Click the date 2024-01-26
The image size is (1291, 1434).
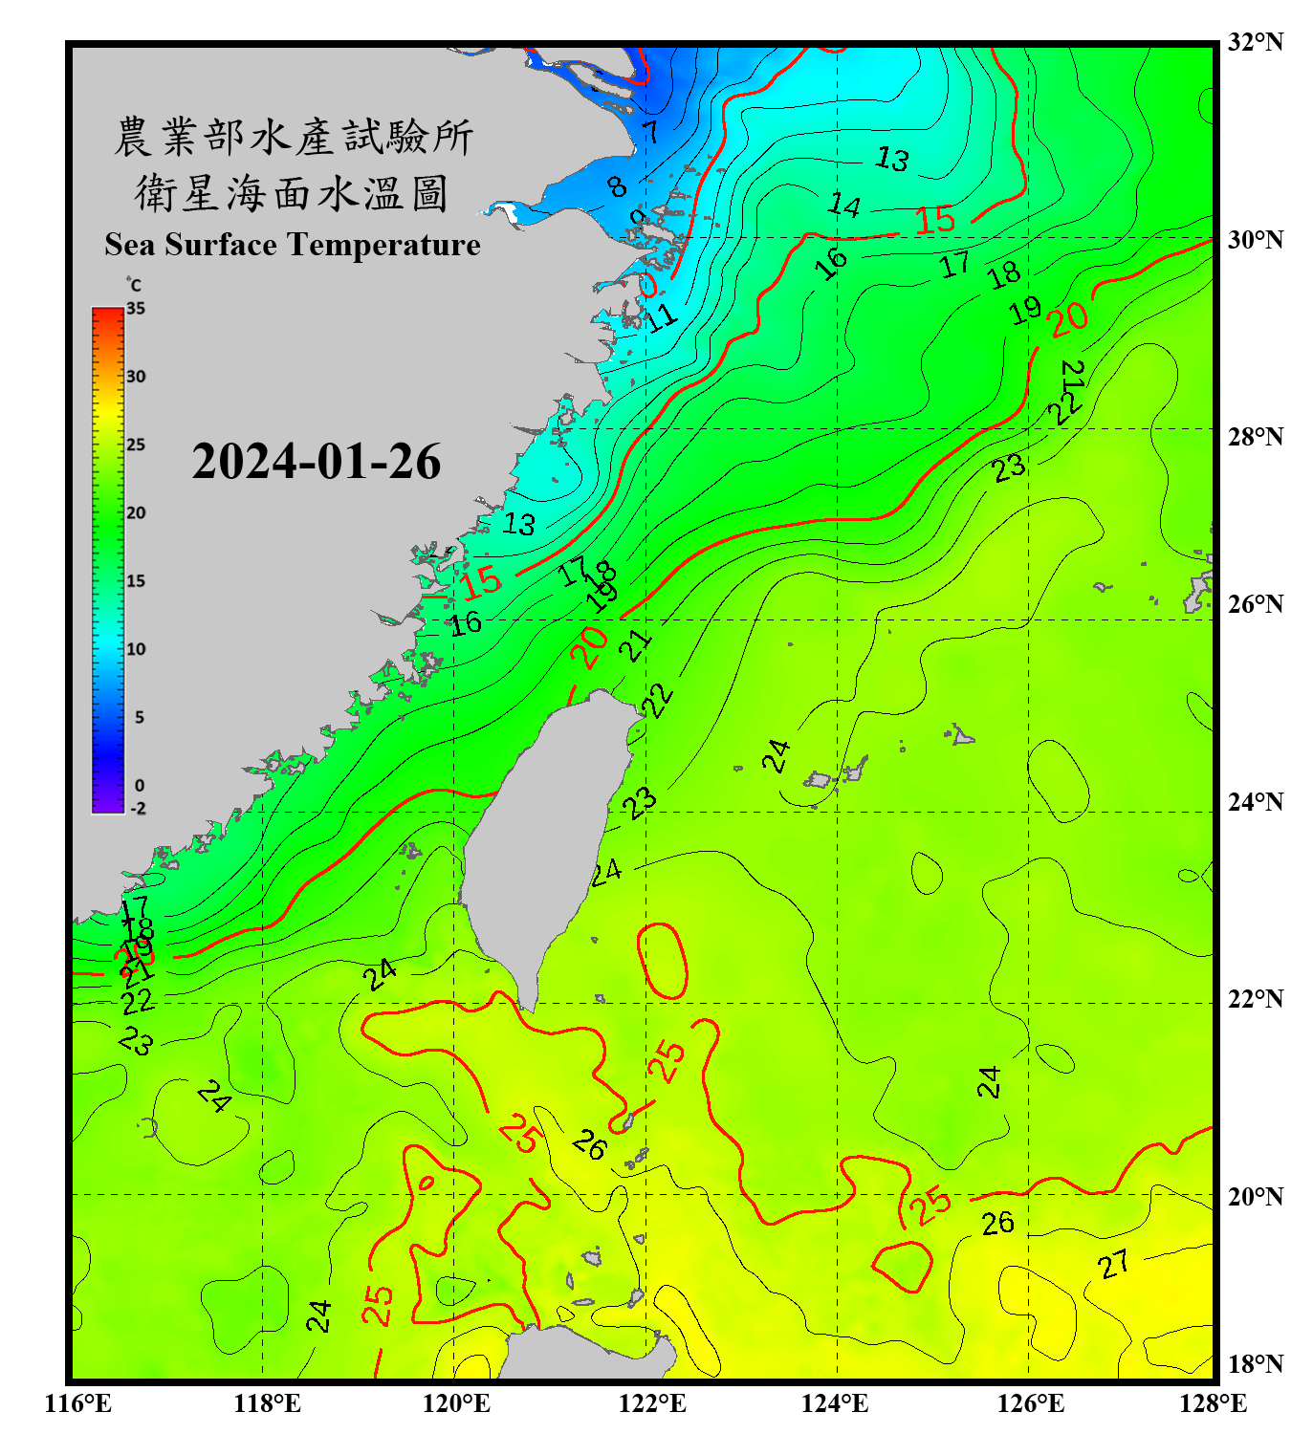point(316,462)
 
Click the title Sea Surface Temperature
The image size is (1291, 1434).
point(292,245)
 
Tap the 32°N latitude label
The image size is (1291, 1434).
point(1255,42)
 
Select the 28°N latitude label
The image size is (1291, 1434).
point(1255,437)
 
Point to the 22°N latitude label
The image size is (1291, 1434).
point(1255,999)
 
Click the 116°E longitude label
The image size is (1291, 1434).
point(78,1403)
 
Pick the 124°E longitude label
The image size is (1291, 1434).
point(835,1403)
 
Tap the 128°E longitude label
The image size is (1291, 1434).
point(1213,1403)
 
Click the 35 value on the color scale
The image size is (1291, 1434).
point(136,309)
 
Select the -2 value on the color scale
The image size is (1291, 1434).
point(138,809)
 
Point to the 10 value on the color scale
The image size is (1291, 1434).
point(137,649)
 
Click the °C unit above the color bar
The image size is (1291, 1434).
point(133,285)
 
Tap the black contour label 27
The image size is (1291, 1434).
point(1113,1265)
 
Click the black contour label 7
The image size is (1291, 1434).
point(651,131)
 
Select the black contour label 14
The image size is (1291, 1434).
point(844,205)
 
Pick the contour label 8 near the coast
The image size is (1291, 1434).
point(618,185)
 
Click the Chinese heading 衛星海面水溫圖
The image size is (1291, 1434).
point(292,193)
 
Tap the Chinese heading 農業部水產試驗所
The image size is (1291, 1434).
point(294,137)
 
